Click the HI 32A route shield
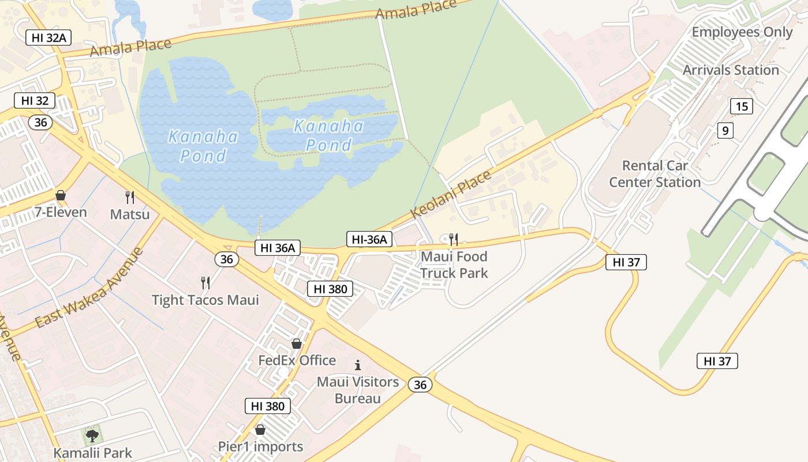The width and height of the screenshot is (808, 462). [x=48, y=38]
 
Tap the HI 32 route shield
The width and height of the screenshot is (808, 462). [x=35, y=100]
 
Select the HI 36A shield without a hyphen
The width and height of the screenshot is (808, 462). [x=278, y=248]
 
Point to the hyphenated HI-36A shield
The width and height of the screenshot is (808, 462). [x=369, y=239]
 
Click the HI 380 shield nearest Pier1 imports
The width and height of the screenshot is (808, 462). [x=268, y=406]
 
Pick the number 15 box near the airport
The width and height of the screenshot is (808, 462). [x=742, y=106]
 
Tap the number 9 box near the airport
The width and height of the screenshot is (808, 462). [x=725, y=131]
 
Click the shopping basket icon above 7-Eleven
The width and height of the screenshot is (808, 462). [x=61, y=196]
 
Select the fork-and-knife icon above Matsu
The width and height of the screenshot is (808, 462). [x=130, y=198]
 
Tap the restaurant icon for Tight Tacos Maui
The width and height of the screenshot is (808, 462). [x=205, y=282]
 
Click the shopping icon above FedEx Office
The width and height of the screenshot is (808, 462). [x=297, y=344]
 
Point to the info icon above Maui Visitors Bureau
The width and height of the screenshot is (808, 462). [x=358, y=365]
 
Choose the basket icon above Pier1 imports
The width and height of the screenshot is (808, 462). [x=260, y=430]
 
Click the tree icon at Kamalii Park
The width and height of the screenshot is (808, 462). [x=92, y=435]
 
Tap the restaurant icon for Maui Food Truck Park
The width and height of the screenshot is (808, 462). [x=454, y=239]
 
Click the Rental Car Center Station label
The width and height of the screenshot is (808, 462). [x=655, y=174]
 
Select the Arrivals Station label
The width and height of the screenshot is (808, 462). [x=731, y=70]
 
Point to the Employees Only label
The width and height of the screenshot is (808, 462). [x=742, y=32]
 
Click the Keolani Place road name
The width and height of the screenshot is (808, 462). [x=451, y=194]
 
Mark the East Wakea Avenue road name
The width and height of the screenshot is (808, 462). [x=89, y=287]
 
